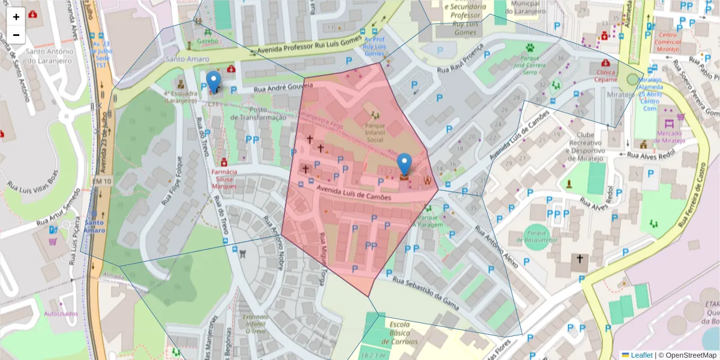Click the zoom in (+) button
(16, 17)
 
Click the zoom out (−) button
(16, 35)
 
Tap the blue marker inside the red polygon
(405, 163)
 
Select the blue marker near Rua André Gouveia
(214, 81)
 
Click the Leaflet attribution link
(641, 355)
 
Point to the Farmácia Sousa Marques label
(224, 179)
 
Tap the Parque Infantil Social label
(375, 133)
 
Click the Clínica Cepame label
(607, 76)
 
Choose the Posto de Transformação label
(258, 114)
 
